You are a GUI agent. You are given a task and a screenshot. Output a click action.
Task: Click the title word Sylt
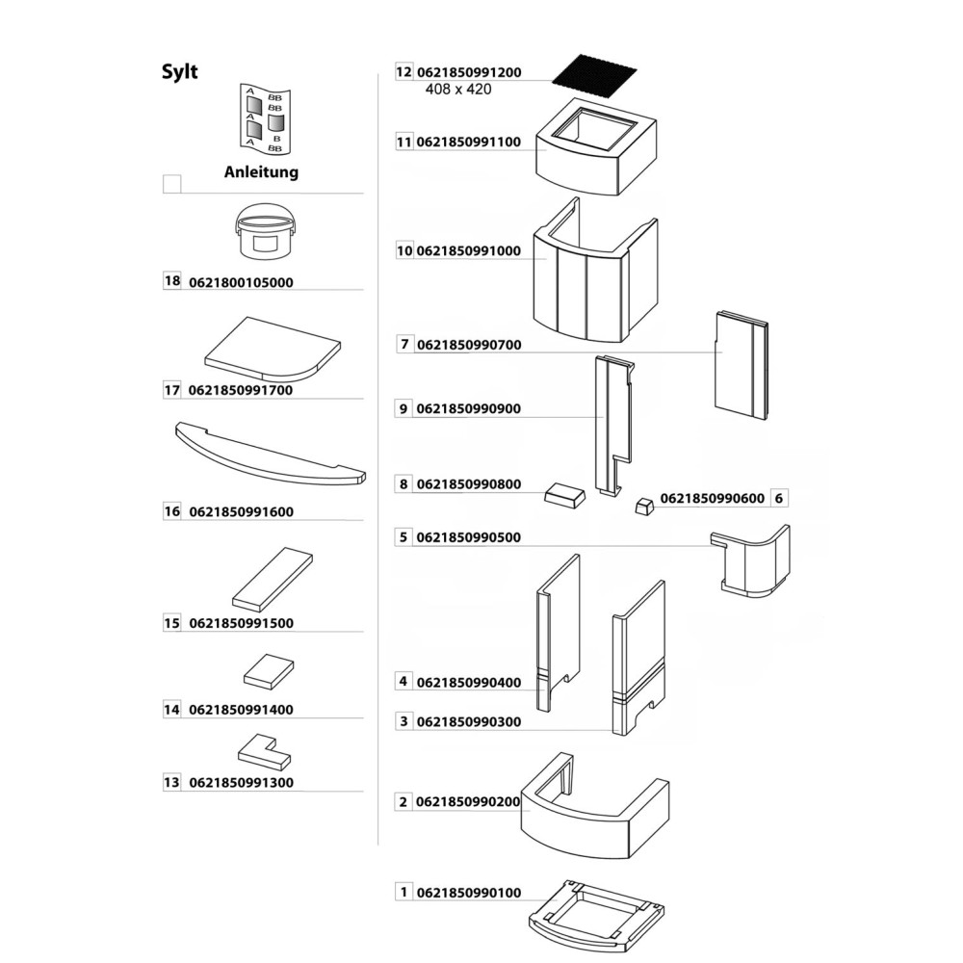point(179,72)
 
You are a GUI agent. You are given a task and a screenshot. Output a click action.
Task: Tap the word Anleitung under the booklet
point(261,173)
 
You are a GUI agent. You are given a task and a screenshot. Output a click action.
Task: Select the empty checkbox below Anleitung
point(172,183)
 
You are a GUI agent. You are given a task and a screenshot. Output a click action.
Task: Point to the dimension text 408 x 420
point(458,90)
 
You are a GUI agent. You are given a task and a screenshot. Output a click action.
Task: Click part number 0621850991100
point(468,143)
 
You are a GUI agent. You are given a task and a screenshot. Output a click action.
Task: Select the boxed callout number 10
point(404,250)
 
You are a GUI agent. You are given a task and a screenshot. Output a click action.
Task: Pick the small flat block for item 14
point(268,670)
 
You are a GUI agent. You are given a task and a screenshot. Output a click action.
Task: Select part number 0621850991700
point(241,391)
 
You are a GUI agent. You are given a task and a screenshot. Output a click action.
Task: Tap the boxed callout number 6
point(780,499)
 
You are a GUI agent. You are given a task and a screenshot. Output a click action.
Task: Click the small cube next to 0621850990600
point(643,505)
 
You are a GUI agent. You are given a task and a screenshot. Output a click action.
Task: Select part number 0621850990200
point(468,802)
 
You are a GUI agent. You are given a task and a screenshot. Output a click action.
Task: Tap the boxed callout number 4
point(403,682)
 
